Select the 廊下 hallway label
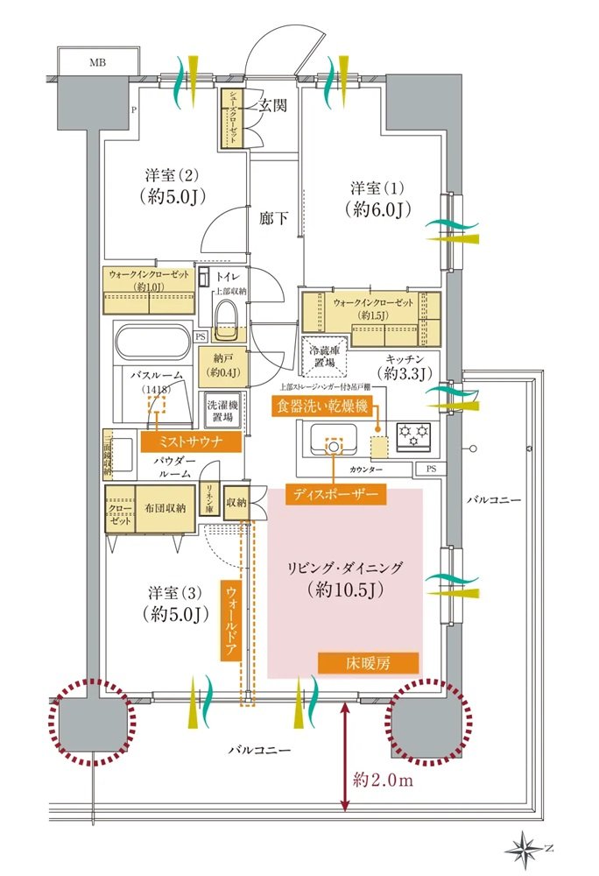(273, 218)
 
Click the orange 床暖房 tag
(368, 663)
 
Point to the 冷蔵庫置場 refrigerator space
(326, 353)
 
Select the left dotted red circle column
(92, 724)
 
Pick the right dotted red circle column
(427, 724)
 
